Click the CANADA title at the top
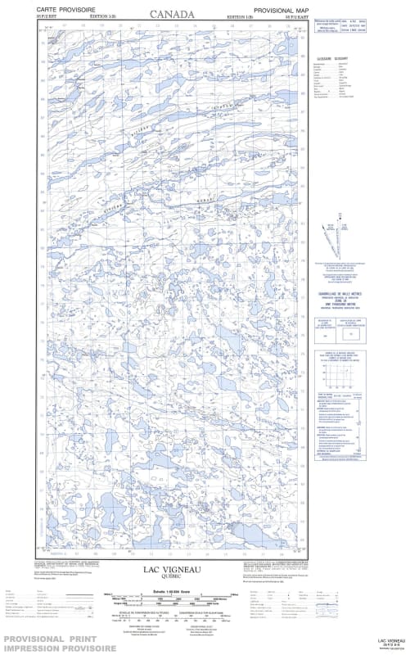[x=172, y=14]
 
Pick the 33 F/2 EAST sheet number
[x=297, y=16]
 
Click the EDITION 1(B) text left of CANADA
[x=101, y=16]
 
